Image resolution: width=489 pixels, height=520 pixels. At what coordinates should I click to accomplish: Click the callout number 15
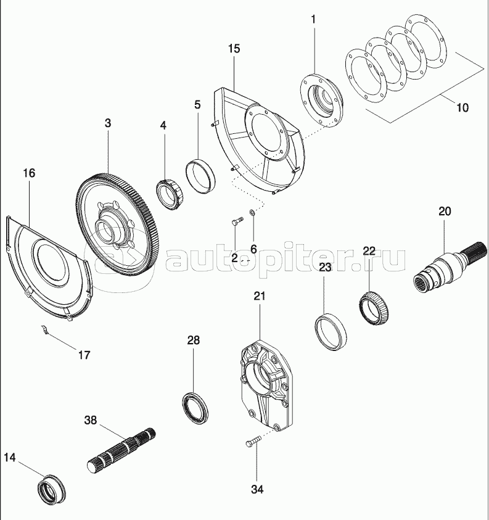coord(234,49)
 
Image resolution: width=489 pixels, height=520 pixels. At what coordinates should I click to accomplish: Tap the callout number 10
coord(461,107)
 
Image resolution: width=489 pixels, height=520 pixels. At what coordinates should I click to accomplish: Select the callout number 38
coord(91,421)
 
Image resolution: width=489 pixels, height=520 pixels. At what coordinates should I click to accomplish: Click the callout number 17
coord(84,355)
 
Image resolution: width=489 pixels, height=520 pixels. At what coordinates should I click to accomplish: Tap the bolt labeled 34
coord(252,442)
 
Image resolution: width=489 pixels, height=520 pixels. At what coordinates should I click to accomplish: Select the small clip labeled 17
coord(44,329)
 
